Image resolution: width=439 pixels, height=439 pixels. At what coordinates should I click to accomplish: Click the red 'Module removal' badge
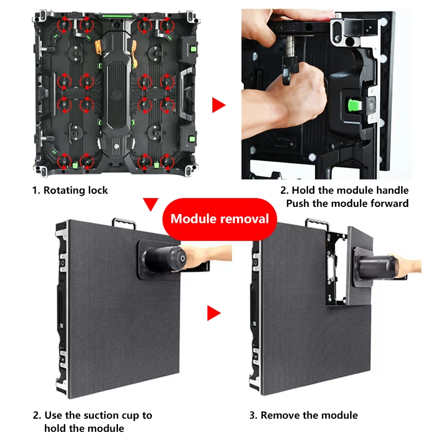tap(220, 219)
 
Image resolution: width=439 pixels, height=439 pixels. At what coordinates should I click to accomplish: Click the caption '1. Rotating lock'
tap(70, 190)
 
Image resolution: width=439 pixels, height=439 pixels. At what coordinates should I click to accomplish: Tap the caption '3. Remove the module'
tap(303, 415)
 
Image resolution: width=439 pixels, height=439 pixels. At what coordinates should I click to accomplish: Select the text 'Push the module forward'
tap(347, 203)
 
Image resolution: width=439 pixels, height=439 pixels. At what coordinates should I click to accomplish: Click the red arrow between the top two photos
tap(218, 105)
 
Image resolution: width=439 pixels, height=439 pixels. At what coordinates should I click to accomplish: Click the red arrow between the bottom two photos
tap(214, 313)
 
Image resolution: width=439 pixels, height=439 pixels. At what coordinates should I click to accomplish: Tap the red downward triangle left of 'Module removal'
tap(150, 204)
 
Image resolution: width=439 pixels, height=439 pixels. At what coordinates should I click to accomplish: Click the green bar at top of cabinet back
tap(117, 16)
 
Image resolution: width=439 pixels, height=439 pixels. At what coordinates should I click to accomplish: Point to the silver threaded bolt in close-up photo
tap(290, 46)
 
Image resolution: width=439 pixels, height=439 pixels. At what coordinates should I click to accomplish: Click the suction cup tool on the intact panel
tap(168, 260)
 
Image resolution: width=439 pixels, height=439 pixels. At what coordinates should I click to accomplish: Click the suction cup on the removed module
tap(375, 267)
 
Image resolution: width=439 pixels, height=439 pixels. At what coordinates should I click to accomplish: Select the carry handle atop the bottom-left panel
tap(124, 223)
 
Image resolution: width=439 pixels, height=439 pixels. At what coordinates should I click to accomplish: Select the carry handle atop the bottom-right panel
tap(317, 223)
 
